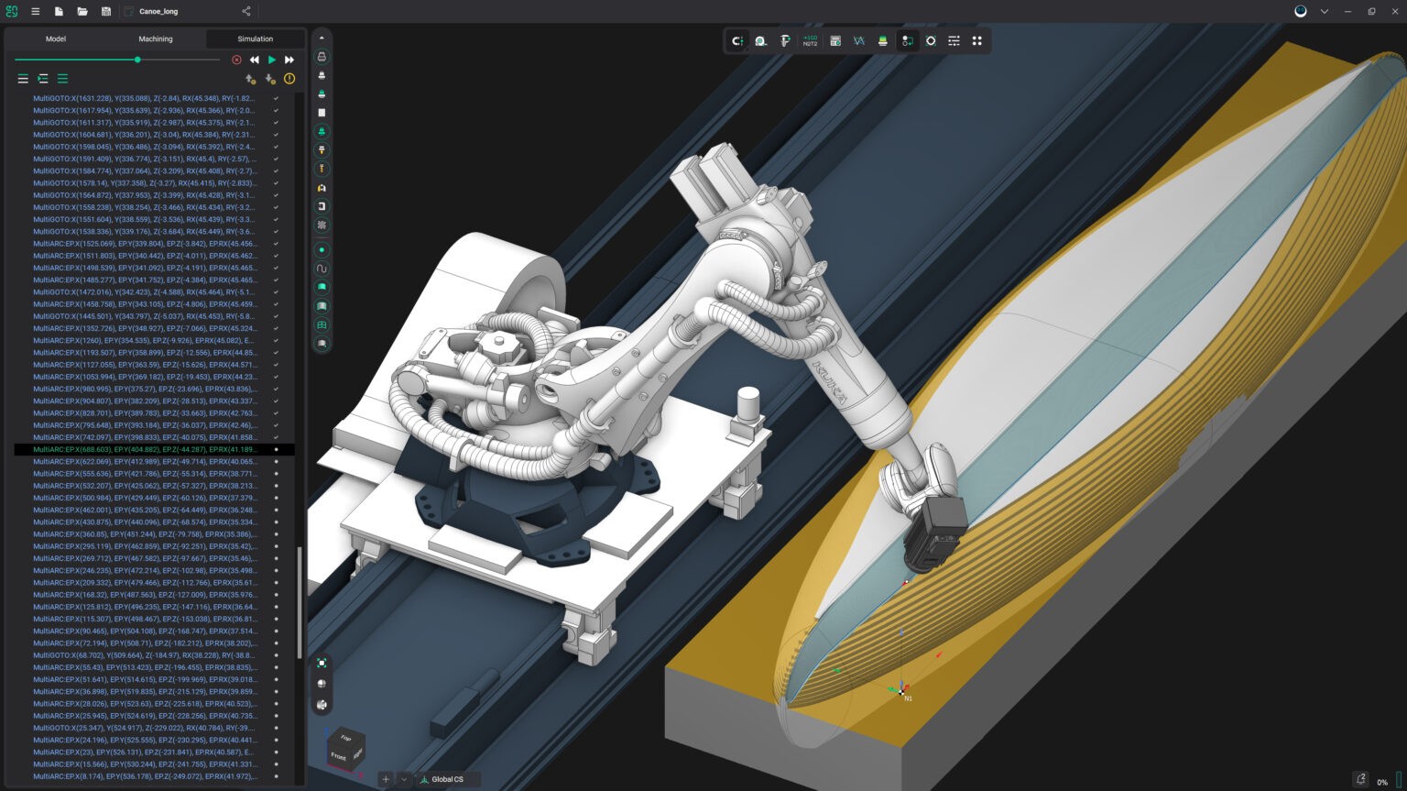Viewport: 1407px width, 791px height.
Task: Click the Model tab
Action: [x=56, y=38]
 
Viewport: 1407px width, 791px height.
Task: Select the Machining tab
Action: [x=156, y=38]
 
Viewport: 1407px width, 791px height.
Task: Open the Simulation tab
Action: [x=255, y=38]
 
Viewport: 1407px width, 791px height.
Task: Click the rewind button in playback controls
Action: [x=254, y=60]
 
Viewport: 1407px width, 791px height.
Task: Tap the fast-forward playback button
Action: [x=289, y=60]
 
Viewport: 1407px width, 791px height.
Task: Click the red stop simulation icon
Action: [x=236, y=60]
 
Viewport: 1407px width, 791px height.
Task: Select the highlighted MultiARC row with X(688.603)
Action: [x=145, y=449]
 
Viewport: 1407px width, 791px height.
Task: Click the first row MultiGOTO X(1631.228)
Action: [x=144, y=98]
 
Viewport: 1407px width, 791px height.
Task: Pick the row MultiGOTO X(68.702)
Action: [x=144, y=655]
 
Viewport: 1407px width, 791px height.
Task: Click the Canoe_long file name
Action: [x=158, y=12]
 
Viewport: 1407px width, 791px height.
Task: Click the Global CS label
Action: [x=447, y=779]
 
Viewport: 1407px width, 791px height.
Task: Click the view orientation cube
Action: [x=345, y=749]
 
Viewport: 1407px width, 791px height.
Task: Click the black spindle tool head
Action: [x=934, y=532]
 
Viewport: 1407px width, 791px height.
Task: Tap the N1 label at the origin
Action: [x=908, y=698]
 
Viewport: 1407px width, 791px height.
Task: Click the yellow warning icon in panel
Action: [x=289, y=79]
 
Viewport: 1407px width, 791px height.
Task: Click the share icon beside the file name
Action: [x=245, y=12]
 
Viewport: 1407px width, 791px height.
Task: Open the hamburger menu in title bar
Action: [x=35, y=12]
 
